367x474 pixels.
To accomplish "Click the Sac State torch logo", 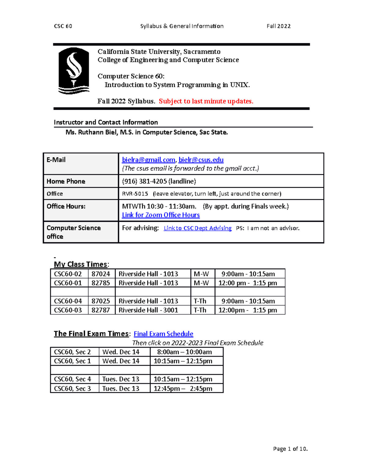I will point(74,71).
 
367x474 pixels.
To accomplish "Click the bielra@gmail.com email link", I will point(148,160).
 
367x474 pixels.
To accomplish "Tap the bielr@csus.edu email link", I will point(201,160).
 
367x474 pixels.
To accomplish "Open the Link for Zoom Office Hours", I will point(161,215).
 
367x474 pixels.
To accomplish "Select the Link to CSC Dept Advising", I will point(198,228).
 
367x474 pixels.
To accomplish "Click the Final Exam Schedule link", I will point(163,334).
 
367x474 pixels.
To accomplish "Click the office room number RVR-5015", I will point(135,194).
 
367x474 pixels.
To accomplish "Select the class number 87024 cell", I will point(101,274).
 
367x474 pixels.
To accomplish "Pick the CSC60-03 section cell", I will point(68,310).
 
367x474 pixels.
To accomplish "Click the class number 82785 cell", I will point(101,283).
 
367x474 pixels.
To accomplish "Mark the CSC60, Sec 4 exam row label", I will point(72,379).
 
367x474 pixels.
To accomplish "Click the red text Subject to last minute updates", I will point(206,101).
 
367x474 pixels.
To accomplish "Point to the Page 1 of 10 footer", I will point(290,449).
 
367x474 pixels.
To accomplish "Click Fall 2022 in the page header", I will point(278,26).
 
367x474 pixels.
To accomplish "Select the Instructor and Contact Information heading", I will point(106,122).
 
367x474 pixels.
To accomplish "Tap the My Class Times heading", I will point(81,264).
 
